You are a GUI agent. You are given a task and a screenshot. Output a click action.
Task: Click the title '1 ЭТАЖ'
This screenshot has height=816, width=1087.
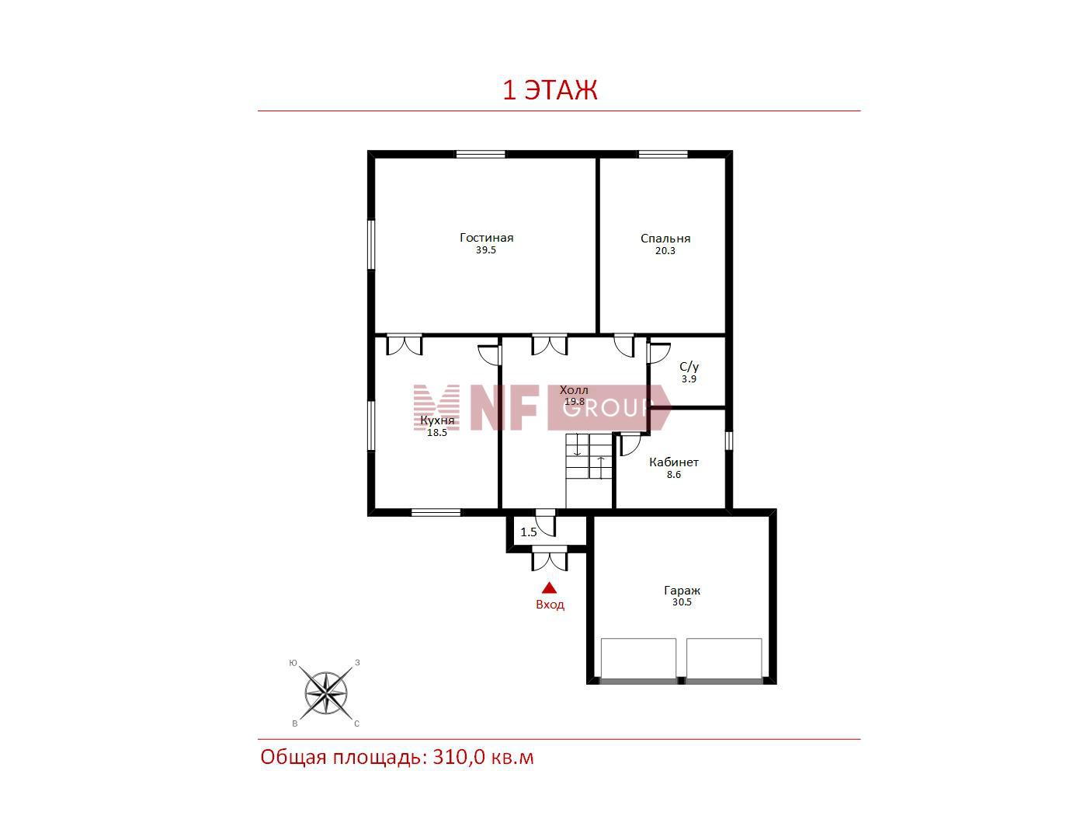tap(550, 90)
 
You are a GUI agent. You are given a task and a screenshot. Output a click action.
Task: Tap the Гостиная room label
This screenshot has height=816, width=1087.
tap(486, 238)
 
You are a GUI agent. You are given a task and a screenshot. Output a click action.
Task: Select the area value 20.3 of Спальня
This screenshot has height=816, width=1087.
tap(665, 251)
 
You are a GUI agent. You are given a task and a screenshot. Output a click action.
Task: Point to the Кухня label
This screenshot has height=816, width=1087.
tap(437, 420)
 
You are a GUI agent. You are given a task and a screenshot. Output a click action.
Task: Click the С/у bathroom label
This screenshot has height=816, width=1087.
tap(689, 367)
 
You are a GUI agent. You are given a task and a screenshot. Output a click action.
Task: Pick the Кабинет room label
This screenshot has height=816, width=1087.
tap(673, 462)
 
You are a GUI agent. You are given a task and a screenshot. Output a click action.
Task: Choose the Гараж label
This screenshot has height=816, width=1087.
tap(682, 591)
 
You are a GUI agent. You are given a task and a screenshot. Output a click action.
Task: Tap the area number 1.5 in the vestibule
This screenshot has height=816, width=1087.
tap(529, 532)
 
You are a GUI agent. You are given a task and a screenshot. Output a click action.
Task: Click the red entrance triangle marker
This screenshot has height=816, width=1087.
tap(549, 588)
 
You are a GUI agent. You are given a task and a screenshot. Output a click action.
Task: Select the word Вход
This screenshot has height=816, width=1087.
tap(550, 605)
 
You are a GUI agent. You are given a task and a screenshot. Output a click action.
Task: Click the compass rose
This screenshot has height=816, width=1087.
tap(325, 692)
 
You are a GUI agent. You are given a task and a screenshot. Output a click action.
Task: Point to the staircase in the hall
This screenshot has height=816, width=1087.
tap(589, 469)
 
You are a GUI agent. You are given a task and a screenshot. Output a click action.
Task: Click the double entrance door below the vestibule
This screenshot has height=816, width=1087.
tap(550, 558)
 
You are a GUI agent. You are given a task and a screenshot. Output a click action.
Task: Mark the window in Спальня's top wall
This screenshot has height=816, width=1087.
tap(662, 154)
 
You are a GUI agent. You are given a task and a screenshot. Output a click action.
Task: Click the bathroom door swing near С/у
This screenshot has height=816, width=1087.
tap(658, 353)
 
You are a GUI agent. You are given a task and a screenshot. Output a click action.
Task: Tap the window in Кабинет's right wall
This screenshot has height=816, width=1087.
tap(728, 441)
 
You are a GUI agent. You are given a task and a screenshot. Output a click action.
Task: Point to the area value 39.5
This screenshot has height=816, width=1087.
tap(486, 250)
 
